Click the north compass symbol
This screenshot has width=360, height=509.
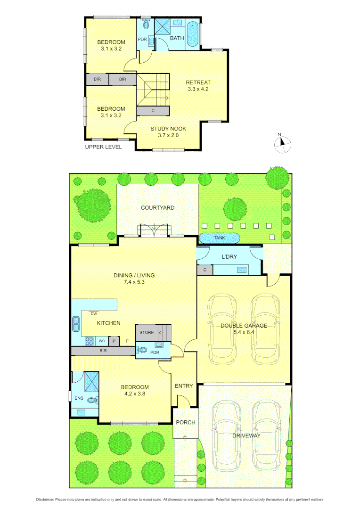(281, 143)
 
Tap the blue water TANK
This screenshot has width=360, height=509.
(220, 238)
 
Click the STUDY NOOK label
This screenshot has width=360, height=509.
(168, 129)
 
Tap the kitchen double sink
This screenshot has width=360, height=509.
(76, 324)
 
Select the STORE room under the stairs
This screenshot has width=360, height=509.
(147, 332)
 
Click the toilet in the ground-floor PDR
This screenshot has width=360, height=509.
(141, 350)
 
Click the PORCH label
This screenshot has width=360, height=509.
(186, 422)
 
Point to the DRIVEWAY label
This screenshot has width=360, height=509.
(246, 435)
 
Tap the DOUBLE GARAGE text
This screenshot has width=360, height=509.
(244, 325)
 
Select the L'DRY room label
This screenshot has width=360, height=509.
(229, 256)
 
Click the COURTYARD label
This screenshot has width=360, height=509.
(157, 207)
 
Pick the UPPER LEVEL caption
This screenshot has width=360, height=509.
(103, 147)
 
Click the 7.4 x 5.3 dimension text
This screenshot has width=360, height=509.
(134, 282)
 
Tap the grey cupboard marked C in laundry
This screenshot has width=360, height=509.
(205, 270)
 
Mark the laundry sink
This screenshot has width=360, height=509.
(242, 270)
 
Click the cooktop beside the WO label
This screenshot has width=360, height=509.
(89, 340)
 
